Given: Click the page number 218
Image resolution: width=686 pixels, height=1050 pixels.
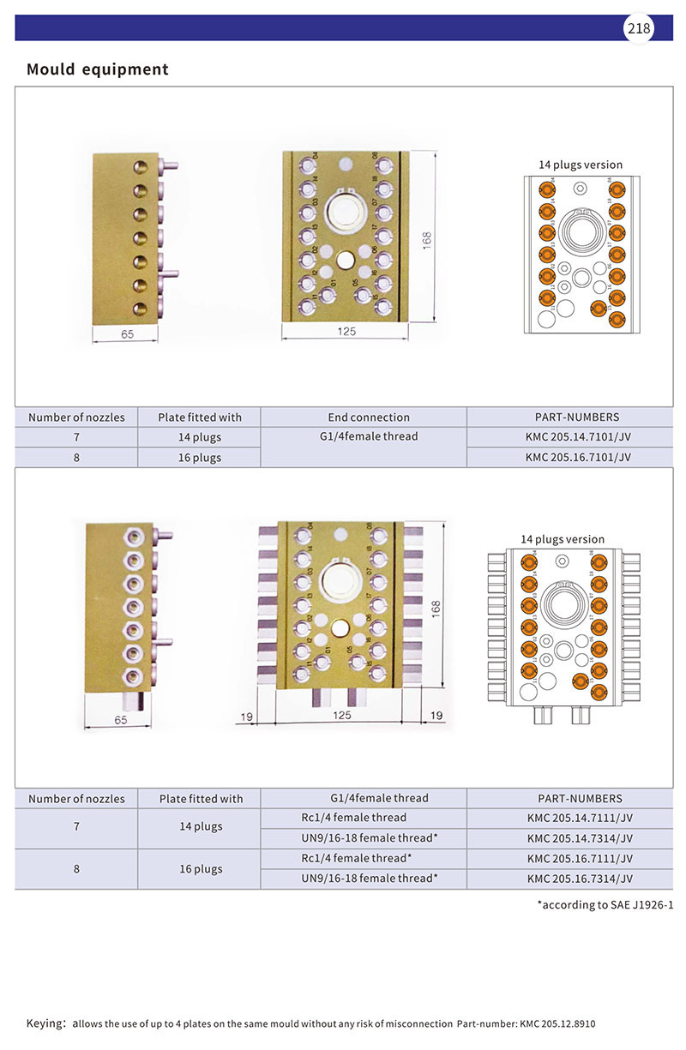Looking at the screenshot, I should [x=639, y=28].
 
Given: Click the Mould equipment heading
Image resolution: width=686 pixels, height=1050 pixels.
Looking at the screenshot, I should [x=97, y=69].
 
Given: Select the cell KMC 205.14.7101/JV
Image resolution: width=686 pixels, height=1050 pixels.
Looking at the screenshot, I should [x=578, y=437].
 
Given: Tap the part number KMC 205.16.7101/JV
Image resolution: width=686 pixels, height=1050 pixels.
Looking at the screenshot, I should [x=578, y=458].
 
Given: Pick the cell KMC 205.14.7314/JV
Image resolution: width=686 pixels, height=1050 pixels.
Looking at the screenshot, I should [x=580, y=838].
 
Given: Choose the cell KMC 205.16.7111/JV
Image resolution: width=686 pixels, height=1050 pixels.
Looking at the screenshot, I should [x=580, y=859].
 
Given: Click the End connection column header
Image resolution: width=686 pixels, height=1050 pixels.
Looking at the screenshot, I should [x=369, y=417].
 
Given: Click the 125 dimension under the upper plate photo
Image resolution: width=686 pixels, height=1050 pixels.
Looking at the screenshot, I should [x=345, y=331].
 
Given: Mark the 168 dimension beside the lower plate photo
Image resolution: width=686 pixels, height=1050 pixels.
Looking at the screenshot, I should [x=436, y=608].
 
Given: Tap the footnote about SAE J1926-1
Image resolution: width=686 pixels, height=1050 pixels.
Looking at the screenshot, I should [x=605, y=904].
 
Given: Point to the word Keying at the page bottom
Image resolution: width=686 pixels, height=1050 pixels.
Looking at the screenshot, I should [x=45, y=1023].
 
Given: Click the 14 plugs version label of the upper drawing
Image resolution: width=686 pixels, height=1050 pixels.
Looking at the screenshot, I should [x=580, y=165].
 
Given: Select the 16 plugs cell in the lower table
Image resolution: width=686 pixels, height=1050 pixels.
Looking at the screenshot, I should [x=201, y=869].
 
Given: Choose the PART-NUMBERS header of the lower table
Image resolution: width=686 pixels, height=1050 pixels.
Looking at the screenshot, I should [x=580, y=798].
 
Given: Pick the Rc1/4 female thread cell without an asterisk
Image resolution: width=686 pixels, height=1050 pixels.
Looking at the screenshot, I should [x=354, y=818].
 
